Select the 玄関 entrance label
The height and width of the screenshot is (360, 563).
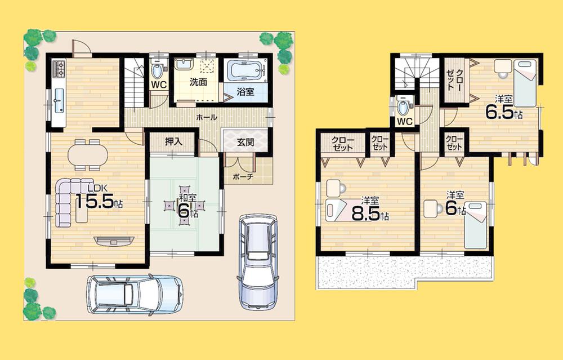point(245,142)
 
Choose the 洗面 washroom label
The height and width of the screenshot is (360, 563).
point(198,82)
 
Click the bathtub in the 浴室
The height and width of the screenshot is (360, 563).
point(245,72)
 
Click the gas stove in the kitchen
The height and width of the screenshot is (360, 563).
point(60,70)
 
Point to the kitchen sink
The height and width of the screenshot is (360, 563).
point(59,103)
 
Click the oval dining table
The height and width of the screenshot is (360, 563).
point(88,154)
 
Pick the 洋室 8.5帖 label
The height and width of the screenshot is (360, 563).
point(369,208)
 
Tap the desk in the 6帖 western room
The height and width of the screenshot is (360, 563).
point(434,208)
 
